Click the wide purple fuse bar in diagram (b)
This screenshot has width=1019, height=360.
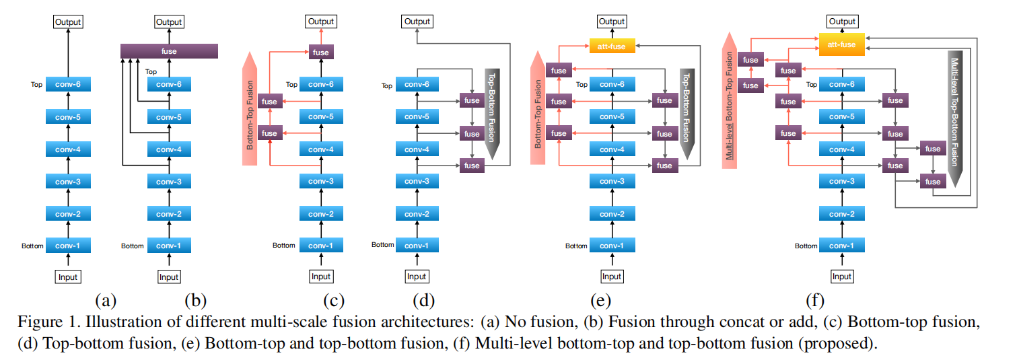coord(169,50)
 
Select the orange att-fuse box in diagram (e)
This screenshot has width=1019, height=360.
coord(612,46)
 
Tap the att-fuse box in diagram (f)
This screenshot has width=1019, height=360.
coord(841,45)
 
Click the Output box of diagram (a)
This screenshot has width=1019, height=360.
coord(68,22)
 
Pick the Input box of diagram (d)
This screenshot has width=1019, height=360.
coord(417,277)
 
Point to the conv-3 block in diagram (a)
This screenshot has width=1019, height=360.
coord(68,182)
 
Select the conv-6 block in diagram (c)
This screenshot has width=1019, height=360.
coord(321,85)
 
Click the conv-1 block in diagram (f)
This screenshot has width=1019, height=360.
coord(841,246)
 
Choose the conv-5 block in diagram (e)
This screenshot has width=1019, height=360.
coord(612,117)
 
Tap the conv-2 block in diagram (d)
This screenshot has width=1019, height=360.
coord(417,214)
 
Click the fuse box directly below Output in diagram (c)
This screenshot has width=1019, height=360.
coord(321,52)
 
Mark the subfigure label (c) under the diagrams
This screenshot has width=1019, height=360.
coord(321,300)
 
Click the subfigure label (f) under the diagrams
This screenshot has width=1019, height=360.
coord(814,300)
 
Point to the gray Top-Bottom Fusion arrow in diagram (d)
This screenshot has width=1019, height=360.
coord(491,111)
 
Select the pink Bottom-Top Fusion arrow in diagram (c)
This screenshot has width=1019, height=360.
coord(249,108)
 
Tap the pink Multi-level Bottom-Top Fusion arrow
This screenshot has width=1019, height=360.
coord(729,101)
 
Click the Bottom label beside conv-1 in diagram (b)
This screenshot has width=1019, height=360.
coord(132,246)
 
